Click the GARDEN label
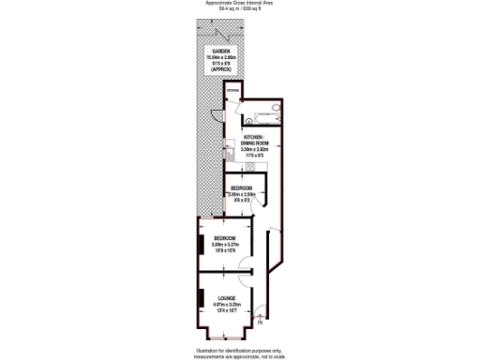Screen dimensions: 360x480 click(x=221, y=51)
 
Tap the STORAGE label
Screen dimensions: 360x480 click(x=232, y=91)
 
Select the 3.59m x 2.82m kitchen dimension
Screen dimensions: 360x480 click(x=255, y=149)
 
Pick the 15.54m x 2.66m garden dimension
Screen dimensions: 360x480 click(x=221, y=57)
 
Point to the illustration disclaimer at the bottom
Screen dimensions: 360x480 click(x=240, y=351)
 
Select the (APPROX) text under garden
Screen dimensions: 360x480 click(x=221, y=69)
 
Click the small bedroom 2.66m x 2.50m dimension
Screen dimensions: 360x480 click(x=242, y=194)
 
